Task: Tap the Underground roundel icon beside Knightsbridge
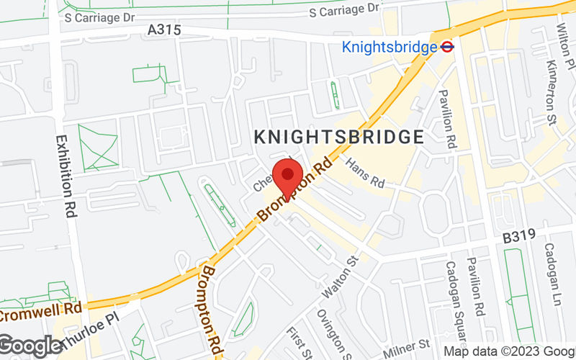pyautogui.click(x=448, y=48)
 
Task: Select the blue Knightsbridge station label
pyautogui.click(x=390, y=48)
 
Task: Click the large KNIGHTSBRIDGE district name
pyautogui.click(x=338, y=136)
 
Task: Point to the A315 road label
pyautogui.click(x=164, y=30)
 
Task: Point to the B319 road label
pyautogui.click(x=520, y=236)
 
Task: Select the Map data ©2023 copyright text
pyautogui.click(x=508, y=351)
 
